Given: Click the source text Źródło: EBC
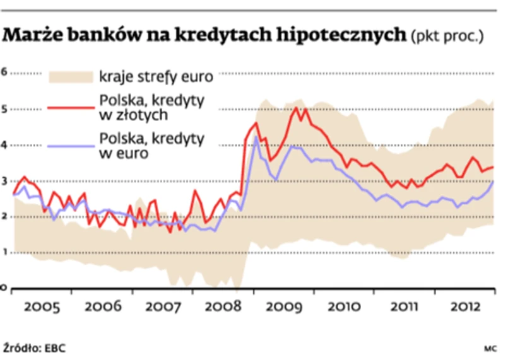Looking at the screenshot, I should coord(34,347).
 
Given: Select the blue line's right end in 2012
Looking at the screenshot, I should coord(493,181).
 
